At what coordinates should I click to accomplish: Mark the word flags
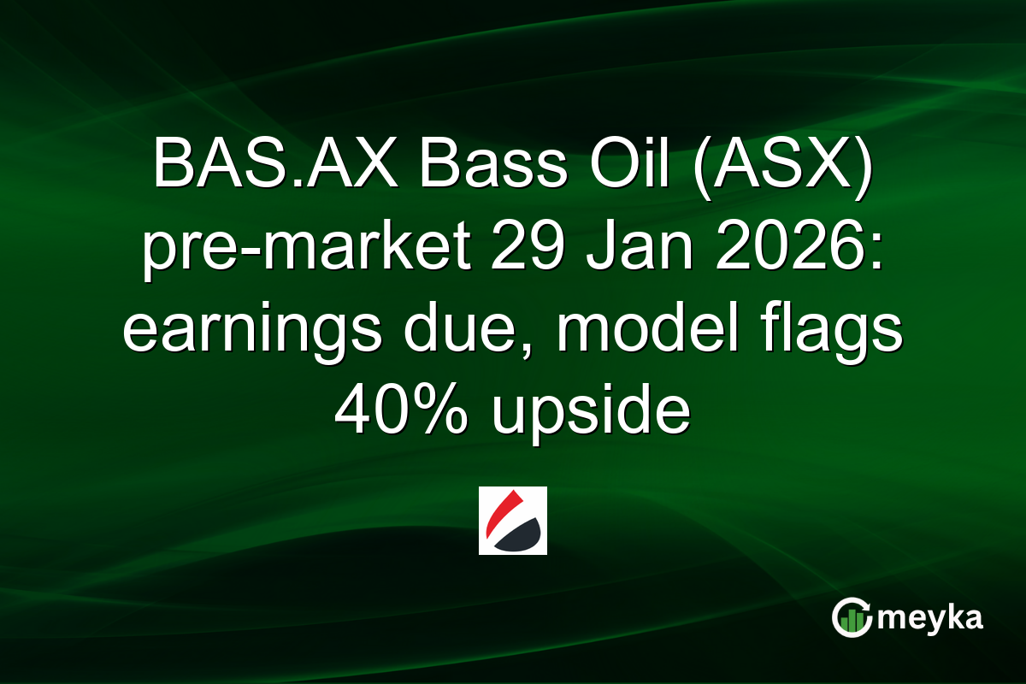click(822, 333)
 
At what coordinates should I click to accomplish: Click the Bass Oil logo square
click(512, 521)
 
